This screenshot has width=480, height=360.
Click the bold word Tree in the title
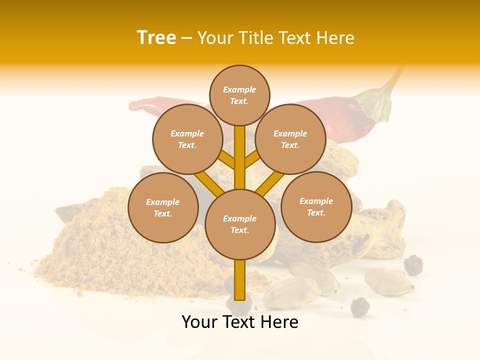pos(156,38)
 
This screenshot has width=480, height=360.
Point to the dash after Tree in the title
pos(186,38)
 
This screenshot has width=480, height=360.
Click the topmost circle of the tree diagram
pos(239,95)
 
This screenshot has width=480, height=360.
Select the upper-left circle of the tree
pos(187,139)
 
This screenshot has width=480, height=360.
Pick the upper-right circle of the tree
pos(290,139)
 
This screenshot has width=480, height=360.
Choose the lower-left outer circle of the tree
pos(163,208)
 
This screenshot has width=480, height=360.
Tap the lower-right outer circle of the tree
pos(316,206)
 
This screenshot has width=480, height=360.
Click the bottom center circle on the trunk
pos(240,224)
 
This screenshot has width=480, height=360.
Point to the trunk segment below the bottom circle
pos(240,280)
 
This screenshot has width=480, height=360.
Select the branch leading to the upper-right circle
pos(252,159)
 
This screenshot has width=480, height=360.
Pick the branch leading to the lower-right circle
pos(270,184)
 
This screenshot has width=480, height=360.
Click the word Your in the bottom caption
pos(200,322)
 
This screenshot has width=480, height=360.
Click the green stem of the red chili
pos(380,100)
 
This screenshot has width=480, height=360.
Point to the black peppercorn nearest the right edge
pos(413,265)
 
